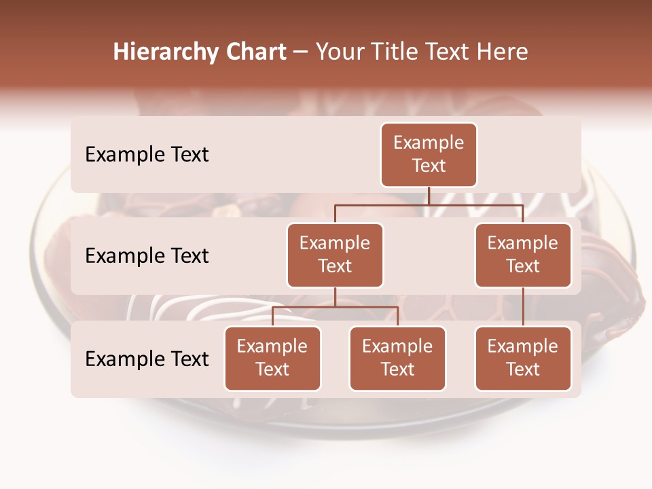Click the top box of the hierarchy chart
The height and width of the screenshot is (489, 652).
point(429,154)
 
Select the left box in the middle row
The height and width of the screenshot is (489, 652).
point(335,255)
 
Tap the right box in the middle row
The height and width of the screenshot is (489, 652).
point(523,255)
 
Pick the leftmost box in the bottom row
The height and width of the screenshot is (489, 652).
point(272,358)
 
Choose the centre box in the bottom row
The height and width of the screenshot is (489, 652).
point(397,358)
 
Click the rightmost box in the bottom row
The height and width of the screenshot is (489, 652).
point(523,358)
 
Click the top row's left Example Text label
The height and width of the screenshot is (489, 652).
point(147,154)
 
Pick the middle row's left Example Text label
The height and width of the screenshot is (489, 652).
point(147,255)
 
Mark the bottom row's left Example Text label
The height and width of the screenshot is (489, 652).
point(147,359)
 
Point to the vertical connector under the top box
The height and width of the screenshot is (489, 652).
point(429,196)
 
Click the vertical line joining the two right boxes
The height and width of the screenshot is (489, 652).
point(523,307)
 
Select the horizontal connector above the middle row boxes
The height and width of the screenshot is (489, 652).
point(429,204)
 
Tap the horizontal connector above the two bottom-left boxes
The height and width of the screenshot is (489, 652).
point(335,307)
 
